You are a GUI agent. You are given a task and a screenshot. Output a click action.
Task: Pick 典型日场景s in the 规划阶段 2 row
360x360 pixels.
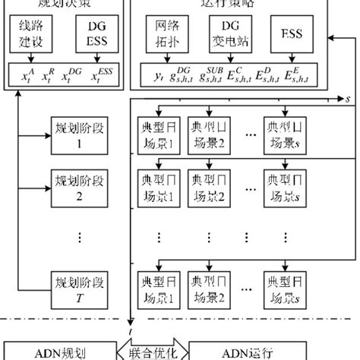[285, 187]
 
